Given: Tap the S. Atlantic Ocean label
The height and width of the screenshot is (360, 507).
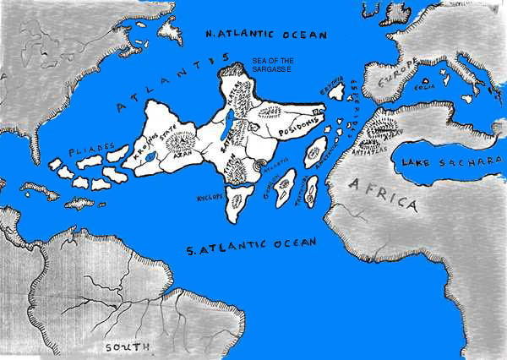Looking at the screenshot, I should (252, 245).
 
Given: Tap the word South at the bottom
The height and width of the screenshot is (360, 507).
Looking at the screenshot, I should (128, 347).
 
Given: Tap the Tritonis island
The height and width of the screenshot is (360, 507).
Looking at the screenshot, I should (312, 194).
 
